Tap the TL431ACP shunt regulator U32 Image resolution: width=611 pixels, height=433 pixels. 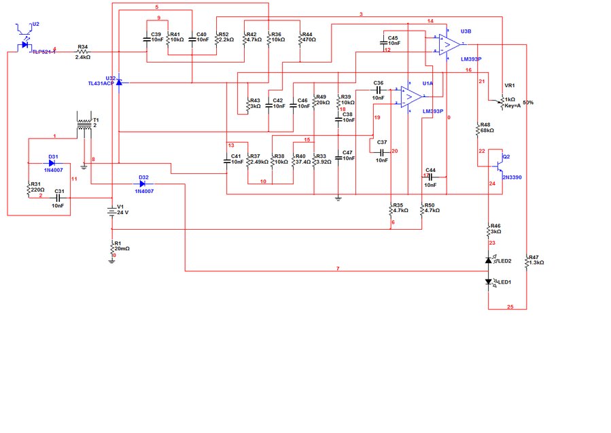click(x=118, y=82)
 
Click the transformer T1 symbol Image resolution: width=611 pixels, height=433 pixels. click(x=84, y=124)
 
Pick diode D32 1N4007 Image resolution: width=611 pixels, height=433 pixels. click(x=143, y=184)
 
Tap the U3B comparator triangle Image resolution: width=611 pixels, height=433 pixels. click(x=446, y=45)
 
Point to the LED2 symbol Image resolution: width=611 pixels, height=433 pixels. click(x=489, y=260)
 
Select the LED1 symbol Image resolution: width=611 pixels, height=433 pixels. click(x=489, y=281)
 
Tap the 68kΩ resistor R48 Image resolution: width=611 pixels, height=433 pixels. click(x=478, y=128)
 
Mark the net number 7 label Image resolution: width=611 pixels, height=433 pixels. click(x=337, y=269)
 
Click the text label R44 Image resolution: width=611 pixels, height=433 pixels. click(x=307, y=33)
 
